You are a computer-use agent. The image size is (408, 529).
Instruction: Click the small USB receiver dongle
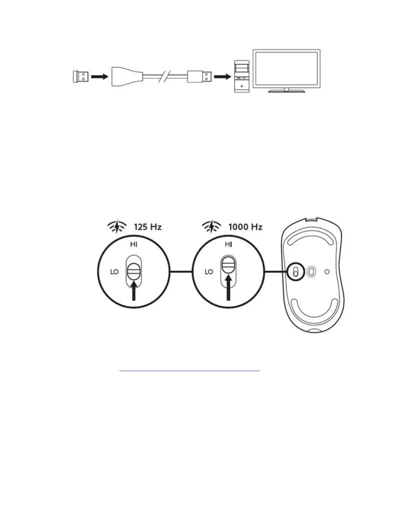pyautogui.click(x=81, y=77)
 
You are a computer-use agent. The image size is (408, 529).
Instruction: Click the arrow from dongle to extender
pyautogui.click(x=100, y=77)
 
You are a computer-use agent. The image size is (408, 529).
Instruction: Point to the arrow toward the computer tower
pyautogui.click(x=222, y=77)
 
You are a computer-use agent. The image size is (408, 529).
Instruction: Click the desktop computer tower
pyautogui.click(x=242, y=76)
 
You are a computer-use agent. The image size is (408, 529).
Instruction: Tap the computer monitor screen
pyautogui.click(x=286, y=68)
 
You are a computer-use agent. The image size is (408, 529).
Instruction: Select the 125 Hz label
pyautogui.click(x=148, y=227)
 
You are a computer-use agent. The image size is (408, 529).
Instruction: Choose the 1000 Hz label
pyautogui.click(x=245, y=227)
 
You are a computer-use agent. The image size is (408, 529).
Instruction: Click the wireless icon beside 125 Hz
pyautogui.click(x=117, y=227)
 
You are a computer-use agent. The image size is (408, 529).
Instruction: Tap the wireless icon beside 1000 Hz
pyautogui.click(x=211, y=227)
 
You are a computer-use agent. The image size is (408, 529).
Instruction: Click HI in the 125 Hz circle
pyautogui.click(x=134, y=245)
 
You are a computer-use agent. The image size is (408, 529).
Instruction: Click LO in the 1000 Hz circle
pyautogui.click(x=209, y=272)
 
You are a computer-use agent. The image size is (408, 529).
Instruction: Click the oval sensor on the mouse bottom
pyautogui.click(x=311, y=272)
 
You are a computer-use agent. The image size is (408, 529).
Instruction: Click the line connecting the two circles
pyautogui.click(x=181, y=272)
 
